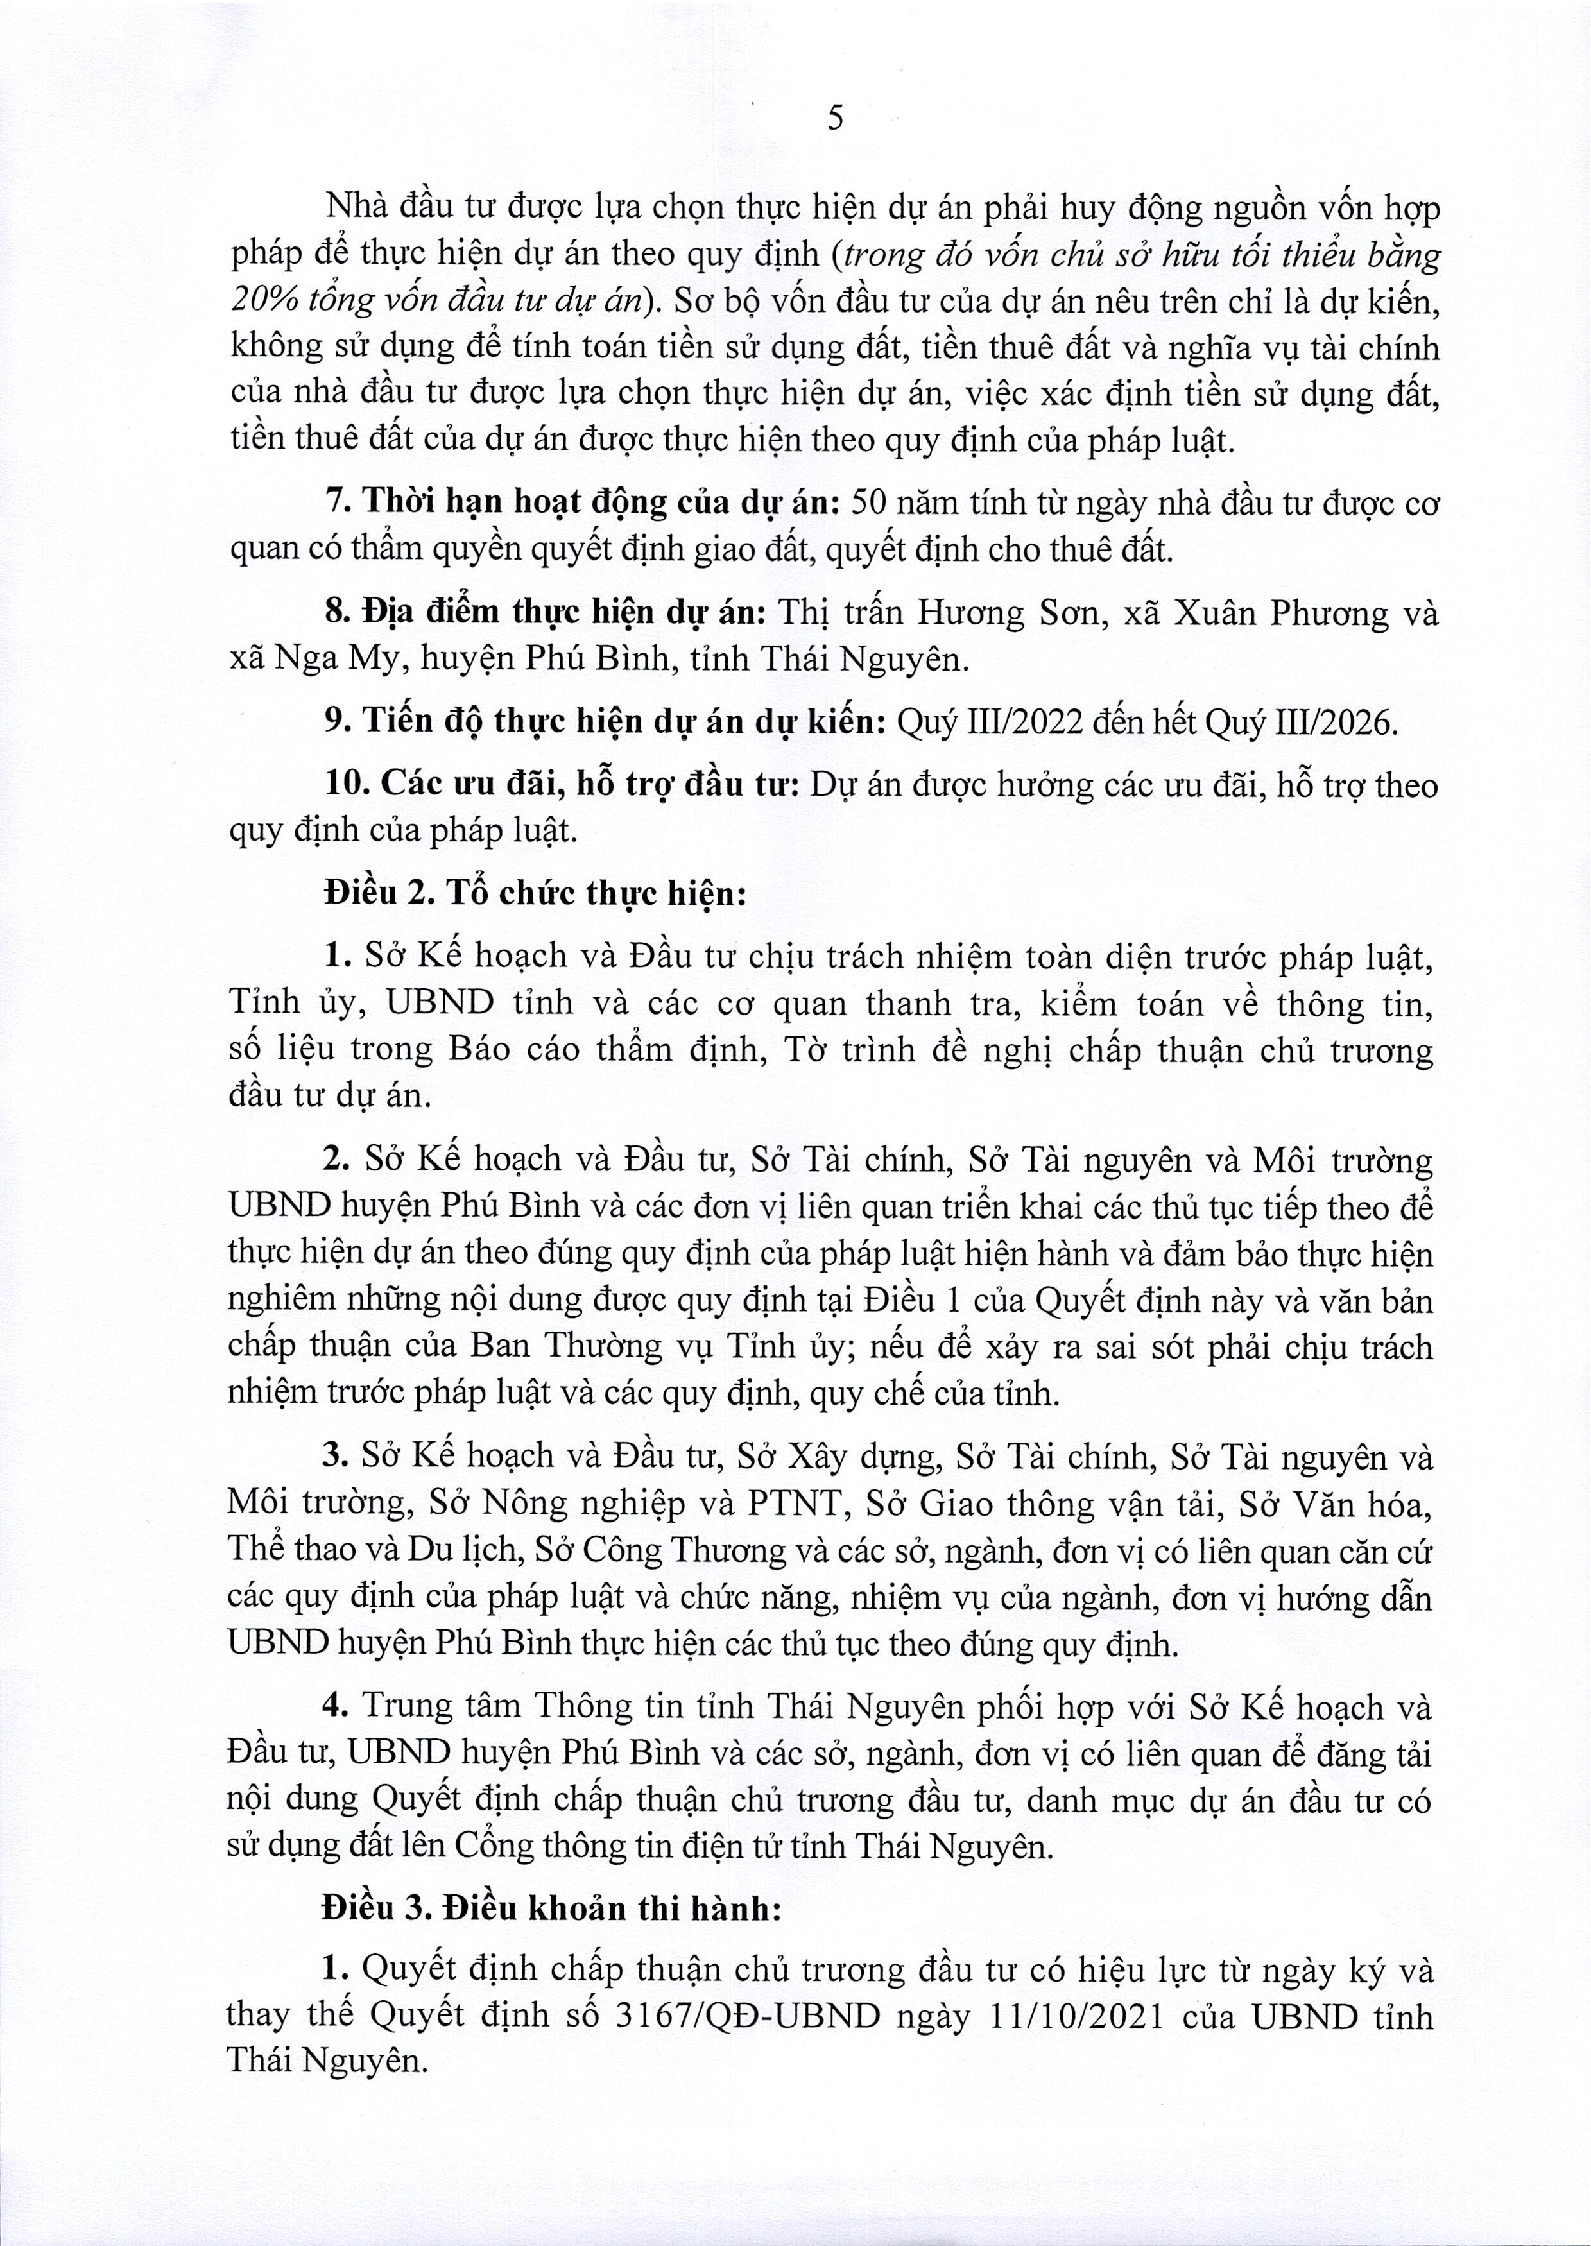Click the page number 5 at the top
[835, 119]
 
